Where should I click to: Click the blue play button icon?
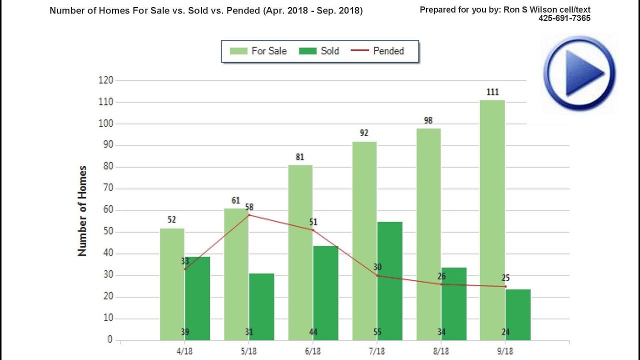[x=579, y=73]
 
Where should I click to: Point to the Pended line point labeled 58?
[x=249, y=215]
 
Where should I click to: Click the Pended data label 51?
[x=313, y=222]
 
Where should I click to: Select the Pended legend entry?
[x=379, y=51]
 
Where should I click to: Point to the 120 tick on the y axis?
[x=105, y=80]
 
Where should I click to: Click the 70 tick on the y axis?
[x=107, y=188]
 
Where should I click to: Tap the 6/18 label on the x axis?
[x=313, y=351]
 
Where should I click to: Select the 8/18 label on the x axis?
[x=441, y=351]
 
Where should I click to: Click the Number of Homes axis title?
[x=82, y=211]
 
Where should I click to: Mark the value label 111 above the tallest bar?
[x=492, y=92]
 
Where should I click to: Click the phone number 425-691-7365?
[x=564, y=18]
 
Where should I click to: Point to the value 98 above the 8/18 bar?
[x=428, y=120]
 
